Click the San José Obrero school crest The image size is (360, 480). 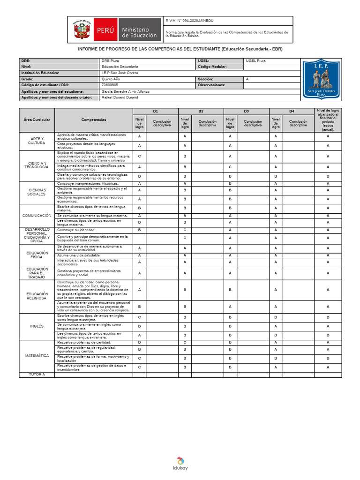pos(321,79)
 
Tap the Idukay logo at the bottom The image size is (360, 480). pos(180,463)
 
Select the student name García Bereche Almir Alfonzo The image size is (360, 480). pos(125,91)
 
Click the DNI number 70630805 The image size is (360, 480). pos(110,85)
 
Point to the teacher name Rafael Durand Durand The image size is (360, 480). pos(120,97)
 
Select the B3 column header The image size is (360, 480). pos(246,111)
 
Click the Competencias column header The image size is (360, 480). pos(93,120)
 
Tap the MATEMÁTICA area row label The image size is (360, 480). pos(37,356)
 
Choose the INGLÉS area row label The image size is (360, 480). pos(37,326)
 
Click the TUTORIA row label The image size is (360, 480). pos(37,375)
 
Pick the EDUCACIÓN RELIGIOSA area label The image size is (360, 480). pos(37,296)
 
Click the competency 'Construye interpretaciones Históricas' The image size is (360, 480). pos(88,183)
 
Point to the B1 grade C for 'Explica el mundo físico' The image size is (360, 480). pos(139,156)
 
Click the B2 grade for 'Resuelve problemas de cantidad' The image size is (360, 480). pos(185,343)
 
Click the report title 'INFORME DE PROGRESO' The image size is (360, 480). pos(180,49)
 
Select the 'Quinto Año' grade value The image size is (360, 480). pos(111,79)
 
